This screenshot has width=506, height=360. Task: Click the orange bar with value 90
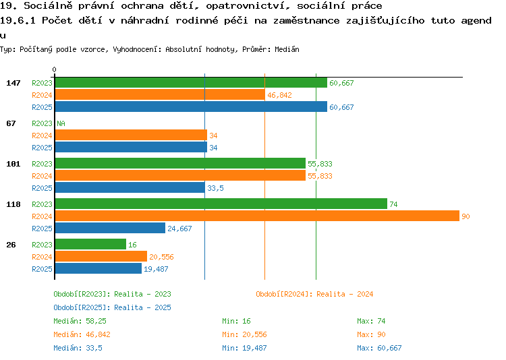pyautogui.click(x=257, y=216)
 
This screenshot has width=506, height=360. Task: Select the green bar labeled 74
pyautogui.click(x=221, y=204)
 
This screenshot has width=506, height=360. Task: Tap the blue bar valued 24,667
pyautogui.click(x=111, y=228)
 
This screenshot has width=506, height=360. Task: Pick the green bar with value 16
pyautogui.click(x=90, y=244)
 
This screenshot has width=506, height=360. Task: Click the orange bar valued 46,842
pyautogui.click(x=160, y=95)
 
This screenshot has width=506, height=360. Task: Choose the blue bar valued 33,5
pyautogui.click(x=130, y=187)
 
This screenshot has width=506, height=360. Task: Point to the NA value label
pyautogui.click(x=61, y=123)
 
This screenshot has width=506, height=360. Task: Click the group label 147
pyautogui.click(x=13, y=83)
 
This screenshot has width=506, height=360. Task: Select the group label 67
pyautogui.click(x=11, y=123)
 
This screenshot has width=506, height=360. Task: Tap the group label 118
pyautogui.click(x=13, y=204)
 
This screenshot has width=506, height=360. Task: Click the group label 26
pyautogui.click(x=11, y=245)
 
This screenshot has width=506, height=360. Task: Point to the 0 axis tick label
pyautogui.click(x=54, y=69)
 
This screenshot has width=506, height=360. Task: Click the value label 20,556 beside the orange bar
pyautogui.click(x=161, y=257)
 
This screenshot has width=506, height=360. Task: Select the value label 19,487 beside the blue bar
pyautogui.click(x=156, y=269)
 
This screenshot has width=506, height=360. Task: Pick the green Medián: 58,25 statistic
pyautogui.click(x=80, y=322)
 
